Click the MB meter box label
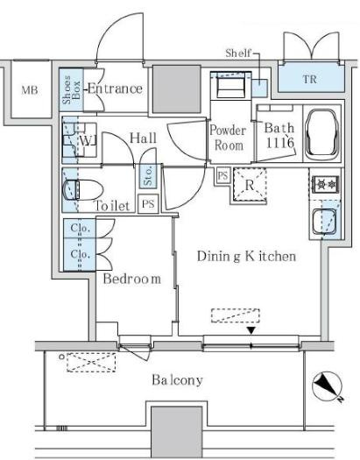coord(30,89)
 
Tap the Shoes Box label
coord(71,89)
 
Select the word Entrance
coord(115,88)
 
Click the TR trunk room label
coord(310,79)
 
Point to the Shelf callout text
coord(238,53)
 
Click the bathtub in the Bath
coord(321,134)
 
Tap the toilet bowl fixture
coord(83,190)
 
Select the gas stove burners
coord(327,184)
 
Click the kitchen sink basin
coord(324,222)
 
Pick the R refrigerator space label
coord(250,185)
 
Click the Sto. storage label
coord(148,176)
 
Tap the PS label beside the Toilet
coord(148,203)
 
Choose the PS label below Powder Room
coord(222,175)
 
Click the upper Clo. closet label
coord(80,228)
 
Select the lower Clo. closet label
coord(80,254)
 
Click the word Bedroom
coord(132,279)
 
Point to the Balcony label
coord(177,380)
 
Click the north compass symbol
coord(328,387)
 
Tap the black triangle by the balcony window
coord(251,331)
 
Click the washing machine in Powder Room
coord(230,86)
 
